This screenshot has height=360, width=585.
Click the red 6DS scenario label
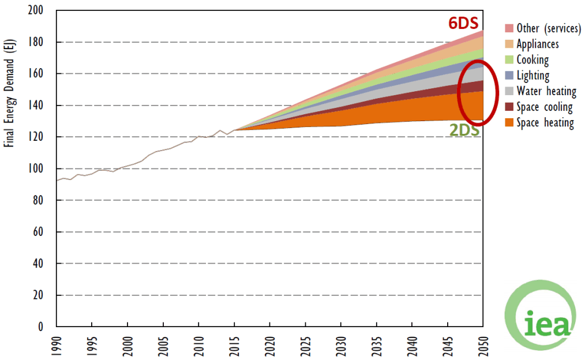(466, 23)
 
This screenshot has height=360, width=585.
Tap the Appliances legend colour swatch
(509, 44)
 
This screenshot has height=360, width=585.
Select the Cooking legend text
(532, 59)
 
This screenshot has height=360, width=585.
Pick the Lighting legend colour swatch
(509, 75)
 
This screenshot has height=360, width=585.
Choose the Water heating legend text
(546, 91)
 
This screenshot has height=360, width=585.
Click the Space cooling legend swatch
(509, 107)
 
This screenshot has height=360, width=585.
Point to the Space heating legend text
(545, 122)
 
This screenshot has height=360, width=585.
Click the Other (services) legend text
(544, 28)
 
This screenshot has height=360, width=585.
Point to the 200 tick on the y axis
(41, 11)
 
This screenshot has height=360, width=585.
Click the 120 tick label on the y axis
(41, 137)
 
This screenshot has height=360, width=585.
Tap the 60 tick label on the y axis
(44, 232)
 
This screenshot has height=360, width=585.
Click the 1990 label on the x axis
(57, 344)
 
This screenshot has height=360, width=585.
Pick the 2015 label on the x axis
(234, 344)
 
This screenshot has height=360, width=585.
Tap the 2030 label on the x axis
(341, 344)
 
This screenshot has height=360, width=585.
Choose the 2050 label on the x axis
(483, 344)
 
